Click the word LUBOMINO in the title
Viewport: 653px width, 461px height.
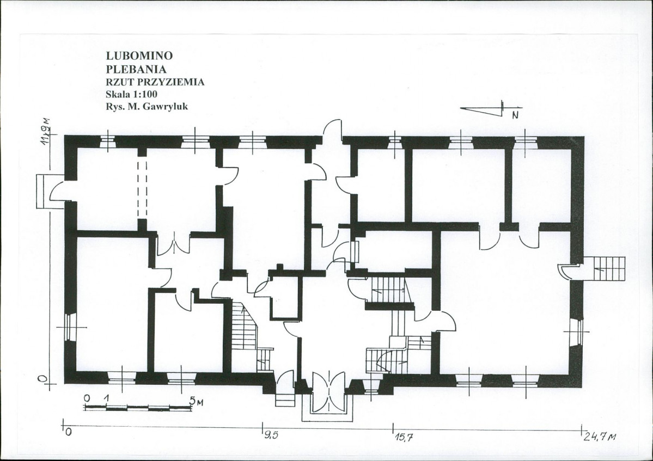coord(139,56)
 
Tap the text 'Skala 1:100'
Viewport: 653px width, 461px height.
coord(132,94)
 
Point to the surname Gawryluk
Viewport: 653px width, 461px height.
coord(165,107)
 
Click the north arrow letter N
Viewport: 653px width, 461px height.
coord(515,115)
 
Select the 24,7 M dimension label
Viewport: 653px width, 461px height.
coord(600,437)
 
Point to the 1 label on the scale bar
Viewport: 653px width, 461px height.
coord(107,398)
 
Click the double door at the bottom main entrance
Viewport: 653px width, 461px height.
coord(328,393)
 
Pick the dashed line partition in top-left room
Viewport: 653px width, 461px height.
coord(142,189)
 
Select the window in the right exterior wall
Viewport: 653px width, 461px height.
coord(578,331)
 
